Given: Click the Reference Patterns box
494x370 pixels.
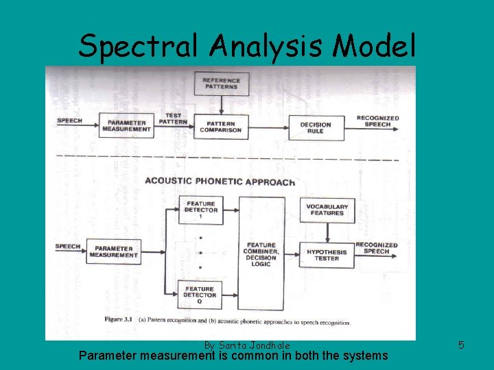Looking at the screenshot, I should pyautogui.click(x=221, y=83).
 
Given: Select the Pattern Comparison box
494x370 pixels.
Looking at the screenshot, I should pyautogui.click(x=221, y=125).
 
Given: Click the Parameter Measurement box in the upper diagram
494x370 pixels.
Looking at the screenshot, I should pyautogui.click(x=126, y=125).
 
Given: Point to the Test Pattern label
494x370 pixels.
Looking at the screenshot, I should pyautogui.click(x=173, y=118).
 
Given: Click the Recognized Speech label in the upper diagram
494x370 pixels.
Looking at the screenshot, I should pyautogui.click(x=377, y=121).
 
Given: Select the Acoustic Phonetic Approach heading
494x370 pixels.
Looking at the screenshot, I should pyautogui.click(x=220, y=182).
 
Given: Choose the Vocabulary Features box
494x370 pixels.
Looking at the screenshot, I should pyautogui.click(x=327, y=209).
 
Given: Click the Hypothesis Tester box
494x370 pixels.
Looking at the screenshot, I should pyautogui.click(x=327, y=255).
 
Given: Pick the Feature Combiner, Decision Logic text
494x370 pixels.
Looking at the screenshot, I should pyautogui.click(x=261, y=254).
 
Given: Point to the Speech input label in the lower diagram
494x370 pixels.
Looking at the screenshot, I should pyautogui.click(x=68, y=247).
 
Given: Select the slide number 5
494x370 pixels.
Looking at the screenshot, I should pyautogui.click(x=461, y=345).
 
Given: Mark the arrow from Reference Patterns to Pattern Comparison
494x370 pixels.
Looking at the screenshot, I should pyautogui.click(x=221, y=104).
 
